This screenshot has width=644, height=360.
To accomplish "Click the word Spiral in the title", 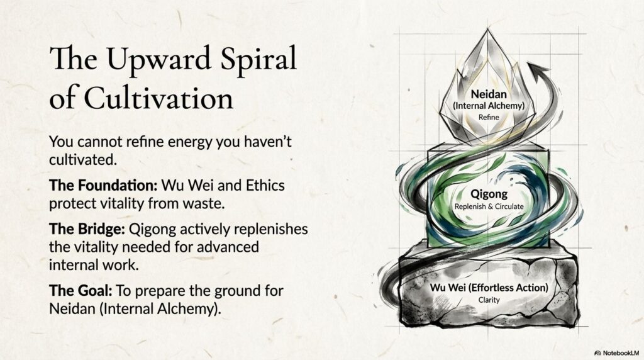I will [x=253, y=60].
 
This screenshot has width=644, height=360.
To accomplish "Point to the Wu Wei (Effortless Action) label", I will [x=489, y=288].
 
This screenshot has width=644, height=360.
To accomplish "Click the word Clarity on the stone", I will [x=489, y=300].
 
